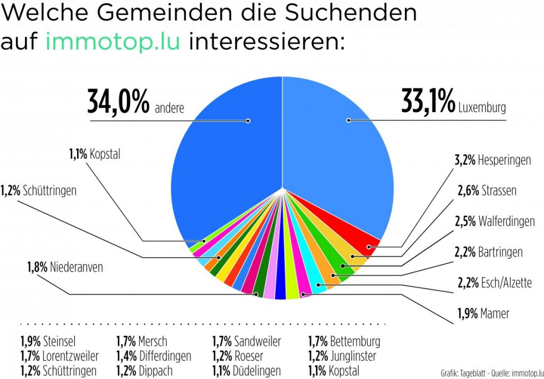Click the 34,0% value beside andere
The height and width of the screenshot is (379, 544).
pos(118,103)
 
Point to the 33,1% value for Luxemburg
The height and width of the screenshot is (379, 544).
pos(428,103)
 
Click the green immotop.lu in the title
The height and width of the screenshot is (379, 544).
pos(113,41)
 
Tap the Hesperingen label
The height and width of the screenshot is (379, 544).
pos(504,160)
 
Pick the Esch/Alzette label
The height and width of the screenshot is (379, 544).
pos(505,283)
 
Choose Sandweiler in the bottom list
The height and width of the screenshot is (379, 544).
pos(257,341)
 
